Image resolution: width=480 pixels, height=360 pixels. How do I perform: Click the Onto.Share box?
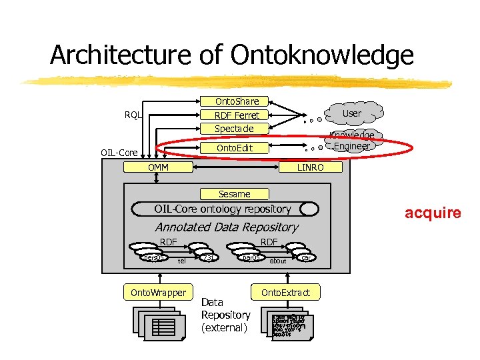[236, 101]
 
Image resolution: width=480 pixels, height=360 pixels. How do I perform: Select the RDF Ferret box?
[236, 115]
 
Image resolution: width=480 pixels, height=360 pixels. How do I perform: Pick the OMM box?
[159, 167]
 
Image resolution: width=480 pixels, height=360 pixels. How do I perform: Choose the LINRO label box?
[311, 167]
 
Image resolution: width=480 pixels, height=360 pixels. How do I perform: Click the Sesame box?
[235, 194]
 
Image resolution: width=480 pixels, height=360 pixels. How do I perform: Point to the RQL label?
[133, 115]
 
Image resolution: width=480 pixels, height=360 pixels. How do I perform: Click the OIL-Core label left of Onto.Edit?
[120, 153]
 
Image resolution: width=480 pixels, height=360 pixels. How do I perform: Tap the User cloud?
[351, 113]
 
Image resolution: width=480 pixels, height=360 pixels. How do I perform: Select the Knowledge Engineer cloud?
[352, 141]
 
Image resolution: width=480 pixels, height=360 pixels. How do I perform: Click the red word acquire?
[433, 213]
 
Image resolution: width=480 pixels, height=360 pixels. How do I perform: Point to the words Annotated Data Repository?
[226, 227]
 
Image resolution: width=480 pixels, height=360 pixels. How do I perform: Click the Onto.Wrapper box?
[159, 292]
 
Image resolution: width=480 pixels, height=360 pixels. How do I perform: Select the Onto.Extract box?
[285, 292]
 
